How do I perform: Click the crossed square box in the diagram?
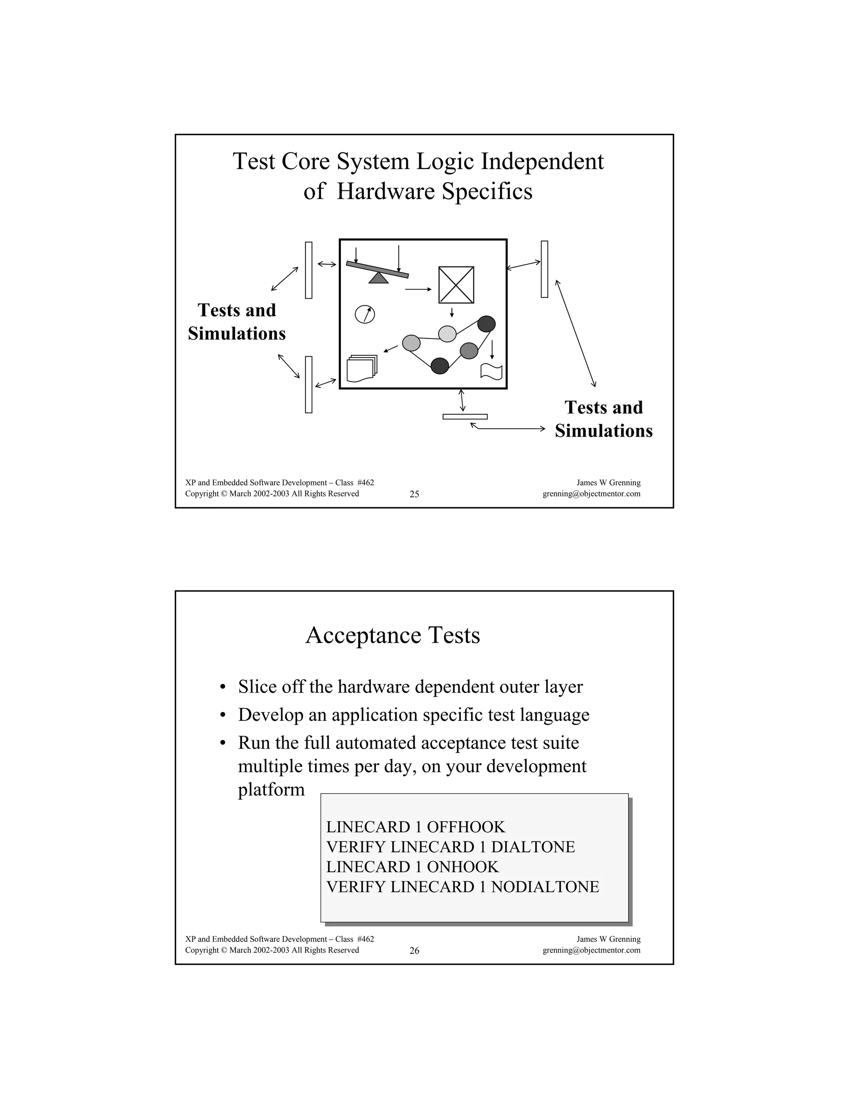point(456,285)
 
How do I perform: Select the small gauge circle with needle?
point(365,314)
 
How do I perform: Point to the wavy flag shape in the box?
point(491,371)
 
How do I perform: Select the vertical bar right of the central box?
point(544,269)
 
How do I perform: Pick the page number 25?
point(414,494)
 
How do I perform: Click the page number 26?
point(414,951)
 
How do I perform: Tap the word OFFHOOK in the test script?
point(466,827)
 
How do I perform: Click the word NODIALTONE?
point(545,887)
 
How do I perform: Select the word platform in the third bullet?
point(271,790)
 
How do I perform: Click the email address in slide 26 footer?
point(591,950)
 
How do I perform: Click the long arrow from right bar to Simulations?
point(575,333)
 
